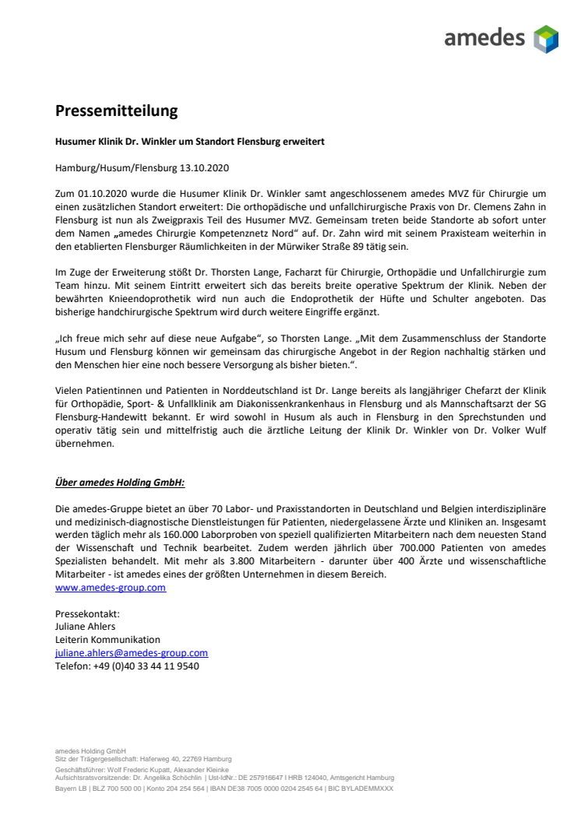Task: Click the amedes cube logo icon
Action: [546, 39]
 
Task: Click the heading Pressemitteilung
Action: [116, 111]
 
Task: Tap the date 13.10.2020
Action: [203, 167]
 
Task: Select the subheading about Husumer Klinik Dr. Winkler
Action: [189, 142]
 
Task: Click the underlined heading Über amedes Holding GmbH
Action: [119, 483]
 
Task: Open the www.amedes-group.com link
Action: [110, 588]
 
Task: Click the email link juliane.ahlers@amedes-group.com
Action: [131, 653]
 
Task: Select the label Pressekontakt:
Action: [87, 614]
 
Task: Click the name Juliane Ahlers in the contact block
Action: [86, 627]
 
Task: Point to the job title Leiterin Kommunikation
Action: [107, 640]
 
